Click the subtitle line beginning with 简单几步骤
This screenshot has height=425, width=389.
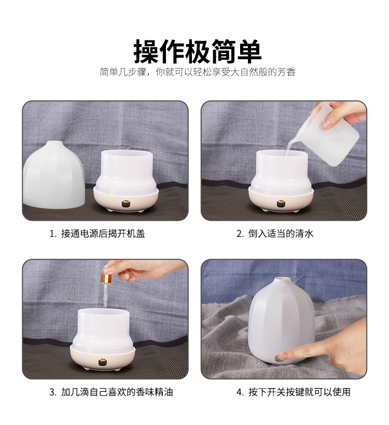[198, 72]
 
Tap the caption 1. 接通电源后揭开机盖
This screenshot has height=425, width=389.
[97, 234]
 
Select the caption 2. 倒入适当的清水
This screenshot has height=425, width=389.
[275, 234]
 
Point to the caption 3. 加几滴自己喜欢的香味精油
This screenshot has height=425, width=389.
[111, 392]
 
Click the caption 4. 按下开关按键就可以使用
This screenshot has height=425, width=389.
[294, 392]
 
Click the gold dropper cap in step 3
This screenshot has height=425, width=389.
[106, 280]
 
